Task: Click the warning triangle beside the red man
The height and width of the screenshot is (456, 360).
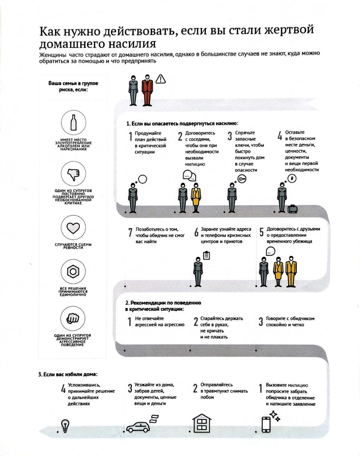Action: pos(160,79)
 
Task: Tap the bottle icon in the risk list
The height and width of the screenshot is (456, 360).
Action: pos(73,123)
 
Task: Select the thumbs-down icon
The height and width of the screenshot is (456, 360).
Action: pos(73,174)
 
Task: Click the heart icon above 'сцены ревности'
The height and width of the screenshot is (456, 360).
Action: pos(73,228)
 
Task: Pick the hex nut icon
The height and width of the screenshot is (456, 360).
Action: pos(73,271)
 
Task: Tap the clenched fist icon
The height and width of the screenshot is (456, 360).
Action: pos(73,318)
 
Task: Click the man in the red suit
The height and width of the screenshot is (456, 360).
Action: pos(147,90)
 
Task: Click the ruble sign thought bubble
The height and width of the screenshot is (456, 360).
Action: pos(292,178)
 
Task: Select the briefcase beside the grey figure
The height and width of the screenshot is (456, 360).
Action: pos(292,209)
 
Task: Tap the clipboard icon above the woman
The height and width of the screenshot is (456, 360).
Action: pos(206,255)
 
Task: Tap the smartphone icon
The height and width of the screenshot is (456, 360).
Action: pos(266,424)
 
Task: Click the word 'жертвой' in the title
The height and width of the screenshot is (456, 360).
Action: pos(289,30)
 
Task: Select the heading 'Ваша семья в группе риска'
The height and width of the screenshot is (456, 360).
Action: pos(73,87)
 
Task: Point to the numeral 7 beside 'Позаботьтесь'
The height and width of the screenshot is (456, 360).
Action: pos(130,232)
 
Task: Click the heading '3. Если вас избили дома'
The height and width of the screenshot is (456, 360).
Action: pos(68,374)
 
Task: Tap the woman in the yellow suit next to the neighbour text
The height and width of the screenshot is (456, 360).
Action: pos(196,198)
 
